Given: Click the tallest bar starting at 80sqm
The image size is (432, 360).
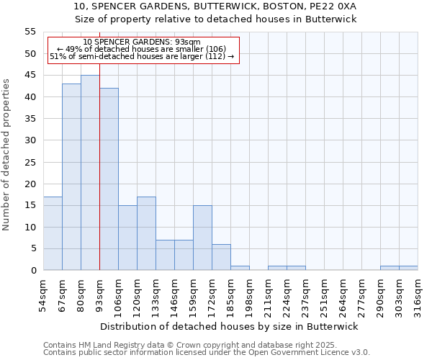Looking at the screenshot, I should (90, 173).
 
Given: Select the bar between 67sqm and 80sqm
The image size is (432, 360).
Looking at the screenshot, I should (71, 177).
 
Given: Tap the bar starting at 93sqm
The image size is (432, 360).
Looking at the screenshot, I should (109, 179).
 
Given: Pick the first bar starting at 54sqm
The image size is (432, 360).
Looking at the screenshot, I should (53, 233).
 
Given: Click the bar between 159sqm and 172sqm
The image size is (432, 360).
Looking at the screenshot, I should (202, 238).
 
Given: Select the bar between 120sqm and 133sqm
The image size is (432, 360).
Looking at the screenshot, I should (146, 233).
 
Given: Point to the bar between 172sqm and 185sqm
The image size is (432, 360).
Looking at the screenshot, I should (221, 257).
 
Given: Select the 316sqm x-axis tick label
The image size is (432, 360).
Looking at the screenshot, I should (418, 294).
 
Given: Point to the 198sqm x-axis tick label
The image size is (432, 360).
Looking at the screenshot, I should (250, 294).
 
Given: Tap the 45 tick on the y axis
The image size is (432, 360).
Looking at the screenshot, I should (30, 76).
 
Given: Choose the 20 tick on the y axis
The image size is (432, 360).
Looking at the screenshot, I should (30, 184).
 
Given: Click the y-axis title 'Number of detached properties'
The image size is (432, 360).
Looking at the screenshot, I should (6, 154).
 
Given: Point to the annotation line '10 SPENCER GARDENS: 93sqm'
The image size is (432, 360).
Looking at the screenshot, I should (142, 42).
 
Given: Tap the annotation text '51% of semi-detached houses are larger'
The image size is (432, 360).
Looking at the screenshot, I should (142, 56).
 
